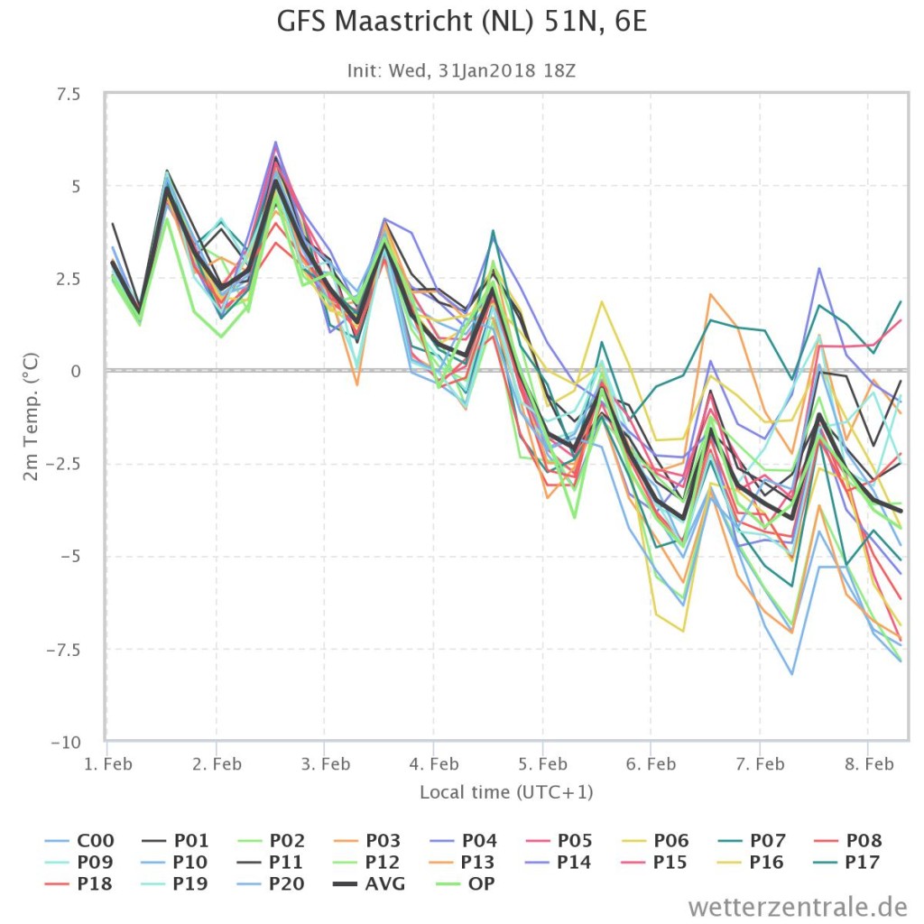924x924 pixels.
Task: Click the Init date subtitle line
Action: click(x=461, y=70)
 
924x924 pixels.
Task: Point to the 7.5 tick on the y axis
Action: click(x=69, y=94)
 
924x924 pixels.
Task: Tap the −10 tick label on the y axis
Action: click(x=65, y=742)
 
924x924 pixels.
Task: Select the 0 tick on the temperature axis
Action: click(x=76, y=371)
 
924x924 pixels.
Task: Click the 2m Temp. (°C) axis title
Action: click(x=31, y=417)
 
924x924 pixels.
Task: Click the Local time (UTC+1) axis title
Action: click(x=506, y=792)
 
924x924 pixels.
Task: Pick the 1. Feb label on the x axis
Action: click(x=108, y=764)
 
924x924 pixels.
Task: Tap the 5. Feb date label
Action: click(x=542, y=764)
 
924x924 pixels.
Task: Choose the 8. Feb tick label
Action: click(x=869, y=764)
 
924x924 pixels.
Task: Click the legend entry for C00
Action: click(x=79, y=840)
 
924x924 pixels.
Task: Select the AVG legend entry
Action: click(x=369, y=883)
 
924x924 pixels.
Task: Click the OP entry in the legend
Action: click(x=466, y=883)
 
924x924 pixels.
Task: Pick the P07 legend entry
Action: click(x=752, y=840)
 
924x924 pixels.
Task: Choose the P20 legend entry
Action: click(x=272, y=883)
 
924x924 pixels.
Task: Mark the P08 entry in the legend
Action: click(x=848, y=840)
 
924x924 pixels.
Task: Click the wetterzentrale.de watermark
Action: click(x=798, y=906)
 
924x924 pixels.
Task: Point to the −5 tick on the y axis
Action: click(x=70, y=556)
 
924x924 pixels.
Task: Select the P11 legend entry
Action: click(x=271, y=862)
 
